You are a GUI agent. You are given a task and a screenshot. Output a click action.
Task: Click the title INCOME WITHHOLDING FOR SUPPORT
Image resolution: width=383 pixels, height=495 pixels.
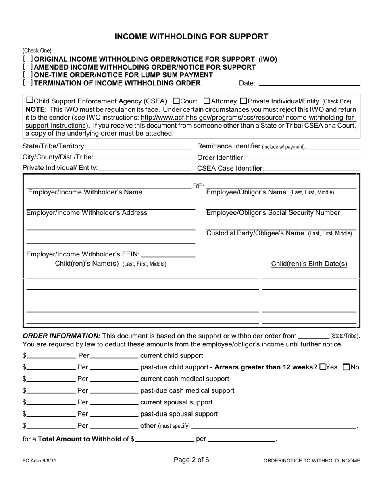click(x=191, y=37)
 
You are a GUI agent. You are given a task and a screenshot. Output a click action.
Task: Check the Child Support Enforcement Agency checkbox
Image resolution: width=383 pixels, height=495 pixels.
click(x=29, y=101)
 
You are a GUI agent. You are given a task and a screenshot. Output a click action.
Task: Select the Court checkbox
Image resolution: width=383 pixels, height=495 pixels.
click(x=176, y=101)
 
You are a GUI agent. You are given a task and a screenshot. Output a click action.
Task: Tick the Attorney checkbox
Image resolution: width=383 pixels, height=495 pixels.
click(x=207, y=101)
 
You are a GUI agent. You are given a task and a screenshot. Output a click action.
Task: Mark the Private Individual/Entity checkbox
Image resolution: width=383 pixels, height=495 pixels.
click(x=244, y=101)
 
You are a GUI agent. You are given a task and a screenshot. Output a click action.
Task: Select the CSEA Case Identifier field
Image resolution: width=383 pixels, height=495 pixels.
click(x=312, y=168)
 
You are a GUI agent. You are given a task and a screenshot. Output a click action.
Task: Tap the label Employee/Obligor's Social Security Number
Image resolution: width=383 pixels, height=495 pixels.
click(x=273, y=213)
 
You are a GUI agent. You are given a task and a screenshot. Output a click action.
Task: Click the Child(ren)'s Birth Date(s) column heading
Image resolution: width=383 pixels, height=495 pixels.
click(x=309, y=264)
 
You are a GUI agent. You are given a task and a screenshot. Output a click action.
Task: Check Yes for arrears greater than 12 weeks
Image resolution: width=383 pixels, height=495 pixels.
click(x=323, y=367)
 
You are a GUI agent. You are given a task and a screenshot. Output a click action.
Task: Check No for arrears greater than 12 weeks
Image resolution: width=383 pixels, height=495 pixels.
click(x=346, y=367)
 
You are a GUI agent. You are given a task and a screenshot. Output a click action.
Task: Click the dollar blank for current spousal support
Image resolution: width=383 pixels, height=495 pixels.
click(x=51, y=402)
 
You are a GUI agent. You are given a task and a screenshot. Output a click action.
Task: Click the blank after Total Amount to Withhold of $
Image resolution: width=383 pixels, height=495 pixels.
click(x=164, y=439)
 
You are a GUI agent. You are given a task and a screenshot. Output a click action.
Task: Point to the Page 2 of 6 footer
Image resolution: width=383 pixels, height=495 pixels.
click(x=191, y=460)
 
